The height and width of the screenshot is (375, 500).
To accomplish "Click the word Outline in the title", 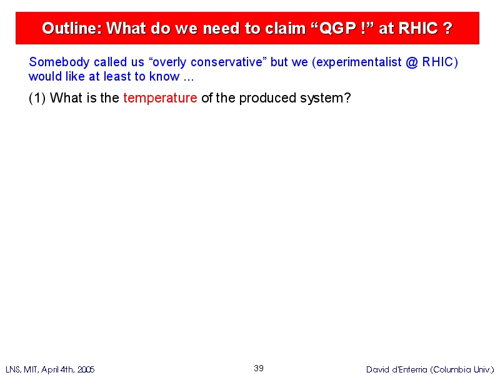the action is [72, 28].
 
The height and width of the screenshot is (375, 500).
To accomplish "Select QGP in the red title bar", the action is [337, 28].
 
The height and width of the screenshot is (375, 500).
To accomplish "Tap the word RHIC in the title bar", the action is [418, 28].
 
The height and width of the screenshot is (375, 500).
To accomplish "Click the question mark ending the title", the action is [447, 28].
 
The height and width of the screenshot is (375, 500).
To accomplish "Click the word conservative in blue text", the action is [226, 62].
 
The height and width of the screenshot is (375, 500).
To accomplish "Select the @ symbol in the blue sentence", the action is [412, 62].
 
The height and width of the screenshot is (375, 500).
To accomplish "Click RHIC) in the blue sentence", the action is [440, 62].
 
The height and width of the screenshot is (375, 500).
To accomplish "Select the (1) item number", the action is [37, 98].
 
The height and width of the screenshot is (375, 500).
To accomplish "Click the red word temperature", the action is [160, 98].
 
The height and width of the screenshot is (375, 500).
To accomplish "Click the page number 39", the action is [259, 368].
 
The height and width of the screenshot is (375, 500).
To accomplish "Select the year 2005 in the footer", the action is [86, 369].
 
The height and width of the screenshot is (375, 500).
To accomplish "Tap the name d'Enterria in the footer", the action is [409, 369].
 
